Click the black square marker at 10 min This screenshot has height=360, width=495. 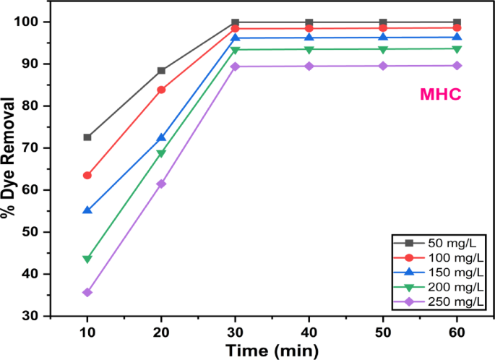click(87, 137)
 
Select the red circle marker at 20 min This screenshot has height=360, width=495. click(161, 90)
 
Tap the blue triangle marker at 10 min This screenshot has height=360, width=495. click(87, 210)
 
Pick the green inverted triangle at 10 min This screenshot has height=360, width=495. click(87, 259)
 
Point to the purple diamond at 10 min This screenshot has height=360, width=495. click(87, 293)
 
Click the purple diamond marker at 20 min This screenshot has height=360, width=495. click(161, 184)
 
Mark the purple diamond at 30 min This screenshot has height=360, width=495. click(235, 67)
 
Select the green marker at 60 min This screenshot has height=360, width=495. click(457, 49)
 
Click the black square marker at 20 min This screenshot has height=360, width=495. click(161, 71)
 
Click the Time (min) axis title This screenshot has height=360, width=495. click(271, 351)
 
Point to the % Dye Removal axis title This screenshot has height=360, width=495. click(9, 168)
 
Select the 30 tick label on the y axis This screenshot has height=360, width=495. click(31, 316)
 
